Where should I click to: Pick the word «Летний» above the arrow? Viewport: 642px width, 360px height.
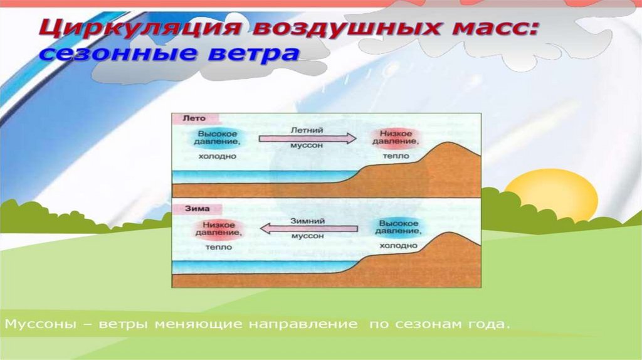(307, 130)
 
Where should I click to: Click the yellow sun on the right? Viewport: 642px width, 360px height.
(551, 194)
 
